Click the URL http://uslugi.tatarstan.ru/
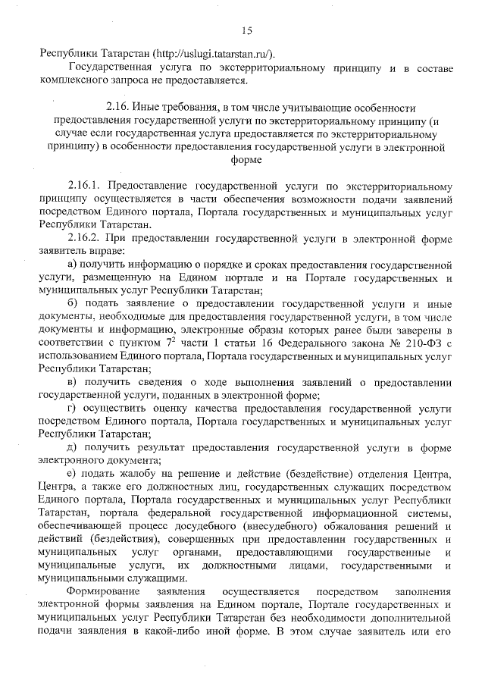[x=214, y=55]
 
